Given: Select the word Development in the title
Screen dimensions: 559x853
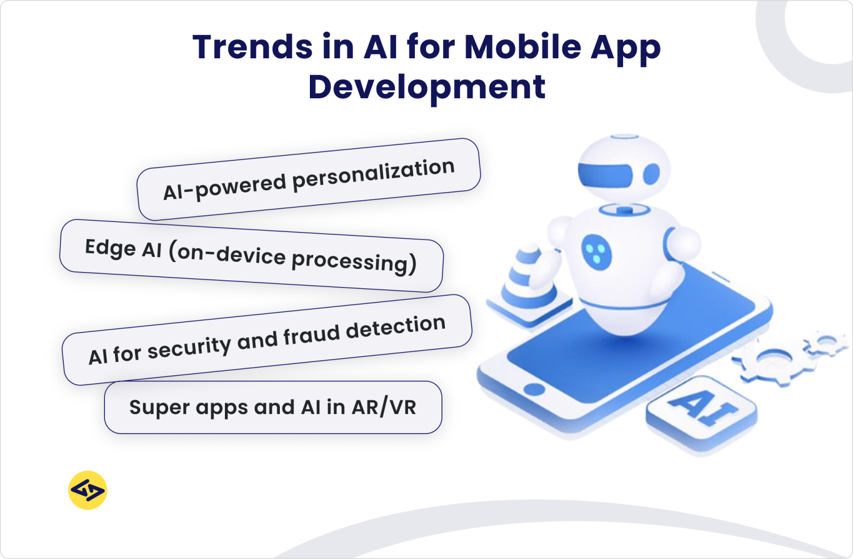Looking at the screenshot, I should coord(426,87).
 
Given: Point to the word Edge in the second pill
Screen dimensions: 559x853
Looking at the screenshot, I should coord(110,248).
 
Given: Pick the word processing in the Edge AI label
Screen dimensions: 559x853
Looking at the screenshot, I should coord(354,261).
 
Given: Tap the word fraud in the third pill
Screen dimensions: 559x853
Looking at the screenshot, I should coord(312,335).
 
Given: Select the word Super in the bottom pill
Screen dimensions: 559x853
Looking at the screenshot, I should coord(152,407).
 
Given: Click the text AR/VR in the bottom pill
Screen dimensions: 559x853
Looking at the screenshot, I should coord(384,407).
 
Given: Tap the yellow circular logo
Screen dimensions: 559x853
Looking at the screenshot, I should coord(88,490).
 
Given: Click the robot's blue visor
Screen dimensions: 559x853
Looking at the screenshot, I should coord(605,174).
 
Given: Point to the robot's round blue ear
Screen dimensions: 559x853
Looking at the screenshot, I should coord(651,174).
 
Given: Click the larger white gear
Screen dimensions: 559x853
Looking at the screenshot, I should coord(769,364).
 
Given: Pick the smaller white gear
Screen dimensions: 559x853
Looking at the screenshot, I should coord(826,341).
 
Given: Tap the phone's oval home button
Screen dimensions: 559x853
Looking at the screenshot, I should coord(534,389).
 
